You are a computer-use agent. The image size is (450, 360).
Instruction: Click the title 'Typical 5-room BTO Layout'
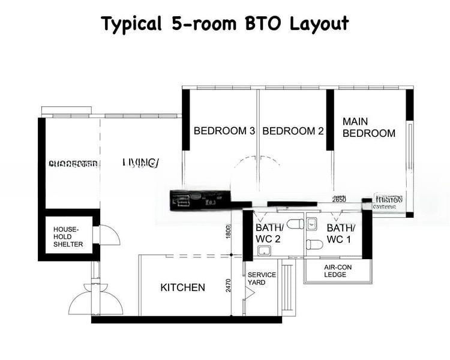(224, 23)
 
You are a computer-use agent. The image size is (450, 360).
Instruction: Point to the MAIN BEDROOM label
(368, 127)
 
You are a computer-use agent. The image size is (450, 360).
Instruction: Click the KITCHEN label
(182, 287)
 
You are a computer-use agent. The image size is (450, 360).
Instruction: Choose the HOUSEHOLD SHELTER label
(68, 236)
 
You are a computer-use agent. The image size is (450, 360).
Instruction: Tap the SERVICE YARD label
(262, 279)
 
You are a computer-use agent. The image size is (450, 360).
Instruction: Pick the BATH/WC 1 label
(341, 234)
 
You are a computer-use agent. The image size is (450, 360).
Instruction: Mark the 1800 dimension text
(229, 232)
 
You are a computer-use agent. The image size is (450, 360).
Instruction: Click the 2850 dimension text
(338, 199)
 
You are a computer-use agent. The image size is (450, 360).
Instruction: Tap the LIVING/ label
(141, 163)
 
